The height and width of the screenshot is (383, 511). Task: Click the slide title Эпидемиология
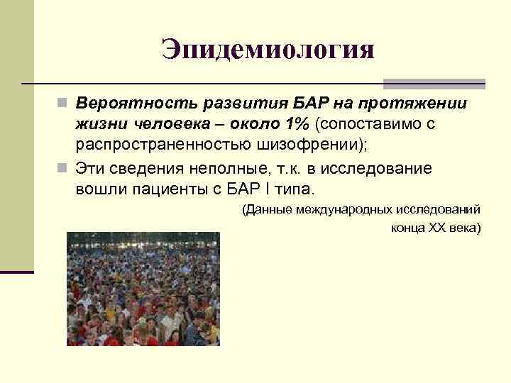(x=267, y=50)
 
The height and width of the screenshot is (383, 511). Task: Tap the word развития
(x=226, y=104)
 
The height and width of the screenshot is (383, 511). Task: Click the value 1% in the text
(x=296, y=125)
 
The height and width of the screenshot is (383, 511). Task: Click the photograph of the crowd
(x=143, y=289)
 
